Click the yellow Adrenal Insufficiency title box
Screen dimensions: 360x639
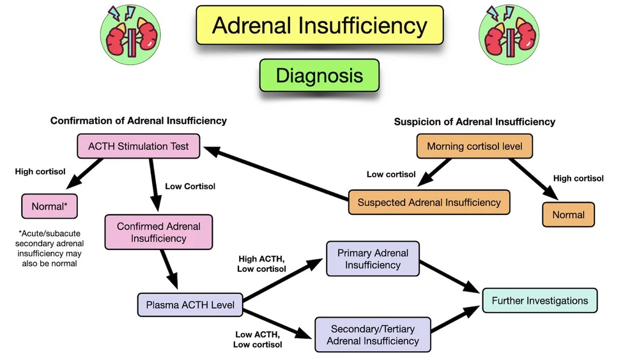[x=319, y=26]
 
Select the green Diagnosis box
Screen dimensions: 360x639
[x=319, y=75]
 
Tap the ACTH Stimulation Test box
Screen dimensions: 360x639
[x=139, y=146]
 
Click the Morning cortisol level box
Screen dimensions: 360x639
[x=474, y=146]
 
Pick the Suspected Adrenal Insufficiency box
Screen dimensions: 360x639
[x=429, y=202]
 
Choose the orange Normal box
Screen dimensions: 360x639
[x=568, y=214]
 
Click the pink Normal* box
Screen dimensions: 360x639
[x=49, y=207]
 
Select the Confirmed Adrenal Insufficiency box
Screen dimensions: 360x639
[x=158, y=232]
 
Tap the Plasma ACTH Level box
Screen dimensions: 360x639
[x=190, y=305]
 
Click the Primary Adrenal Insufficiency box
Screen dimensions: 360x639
[x=373, y=259]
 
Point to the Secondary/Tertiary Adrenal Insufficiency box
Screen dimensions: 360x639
[x=373, y=334]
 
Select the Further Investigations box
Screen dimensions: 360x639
[x=539, y=301]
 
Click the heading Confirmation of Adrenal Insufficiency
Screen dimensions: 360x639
[x=139, y=121]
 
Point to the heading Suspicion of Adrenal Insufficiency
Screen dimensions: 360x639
[x=474, y=121]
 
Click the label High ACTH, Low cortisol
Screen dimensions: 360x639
[x=263, y=263]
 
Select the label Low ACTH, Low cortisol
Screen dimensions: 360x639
[x=259, y=340]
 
